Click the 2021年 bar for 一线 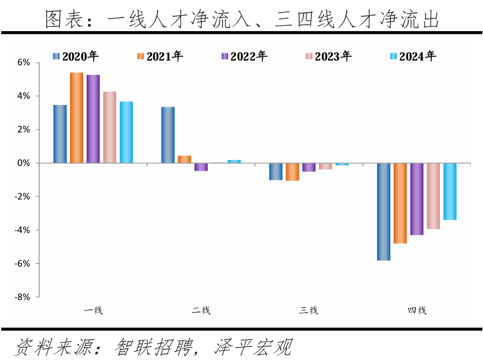point(77,118)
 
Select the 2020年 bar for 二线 point(168,135)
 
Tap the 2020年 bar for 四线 point(384,211)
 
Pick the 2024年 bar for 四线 point(449,192)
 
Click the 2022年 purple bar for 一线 point(93,119)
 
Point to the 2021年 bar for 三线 point(292,172)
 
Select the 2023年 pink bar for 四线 point(433,196)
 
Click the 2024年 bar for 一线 point(126,132)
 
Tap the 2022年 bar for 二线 point(201,167)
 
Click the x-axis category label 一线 point(93,310)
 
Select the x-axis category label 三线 point(309,310)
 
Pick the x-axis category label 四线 point(417,310)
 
